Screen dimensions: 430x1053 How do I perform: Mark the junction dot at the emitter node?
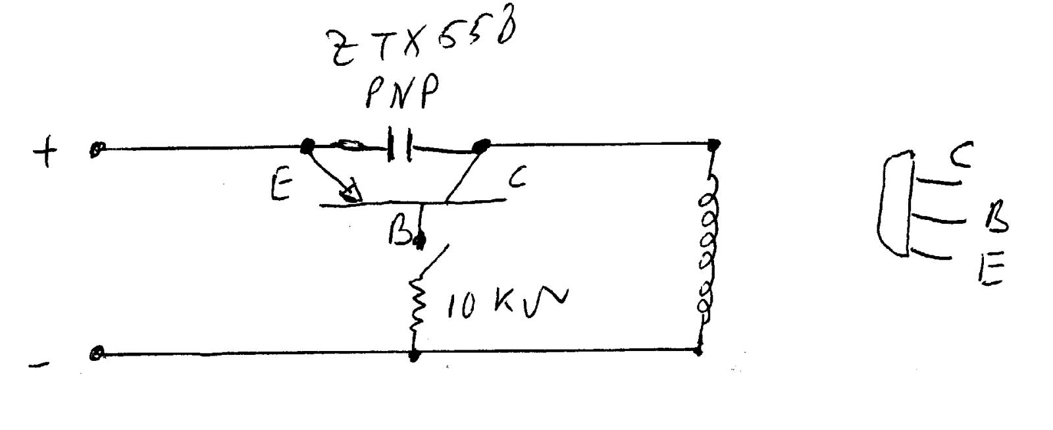[x=306, y=146]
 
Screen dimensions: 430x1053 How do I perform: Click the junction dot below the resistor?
[x=415, y=356]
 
